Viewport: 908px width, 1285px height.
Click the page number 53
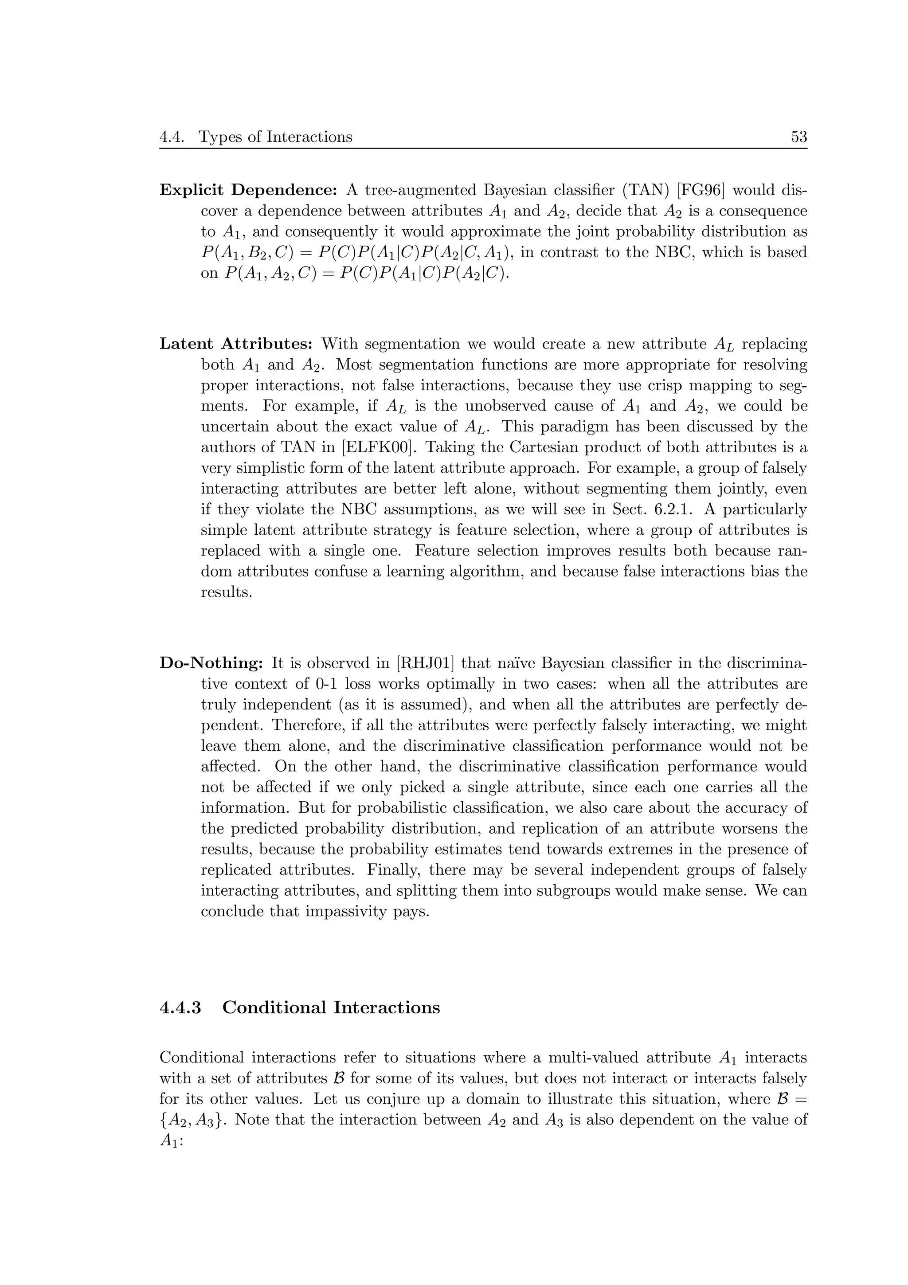click(x=798, y=137)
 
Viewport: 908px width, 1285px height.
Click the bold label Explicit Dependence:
click(x=248, y=191)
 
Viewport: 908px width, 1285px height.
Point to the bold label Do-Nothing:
click(x=211, y=664)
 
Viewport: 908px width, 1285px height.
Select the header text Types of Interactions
click(x=275, y=137)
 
